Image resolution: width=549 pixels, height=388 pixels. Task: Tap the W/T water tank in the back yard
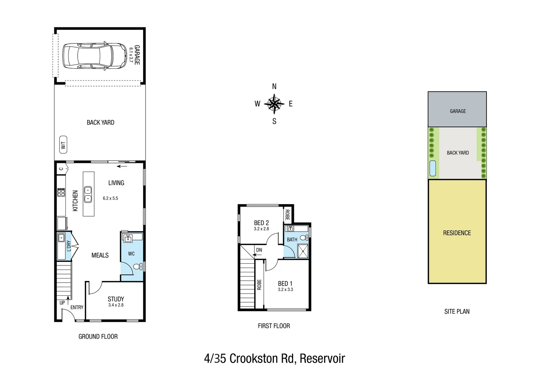[63, 145]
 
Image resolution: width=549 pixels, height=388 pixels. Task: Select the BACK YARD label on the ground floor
[100, 123]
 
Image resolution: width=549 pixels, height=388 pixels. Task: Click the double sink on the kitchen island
[88, 194]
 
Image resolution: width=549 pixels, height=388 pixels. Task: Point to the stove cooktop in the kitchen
[61, 193]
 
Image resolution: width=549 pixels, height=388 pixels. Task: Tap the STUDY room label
[116, 299]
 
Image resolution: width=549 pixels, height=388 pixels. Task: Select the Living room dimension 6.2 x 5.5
[110, 198]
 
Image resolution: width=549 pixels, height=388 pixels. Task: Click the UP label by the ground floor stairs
[62, 303]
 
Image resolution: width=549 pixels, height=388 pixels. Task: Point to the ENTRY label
[77, 308]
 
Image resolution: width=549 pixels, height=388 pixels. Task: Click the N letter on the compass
[274, 87]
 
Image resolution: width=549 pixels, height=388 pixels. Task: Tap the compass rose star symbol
[274, 104]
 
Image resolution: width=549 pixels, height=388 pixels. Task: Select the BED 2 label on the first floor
[261, 223]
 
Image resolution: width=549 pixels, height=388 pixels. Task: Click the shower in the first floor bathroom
[303, 251]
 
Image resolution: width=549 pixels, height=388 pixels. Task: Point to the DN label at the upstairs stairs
[259, 250]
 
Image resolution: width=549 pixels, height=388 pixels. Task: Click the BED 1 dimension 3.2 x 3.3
[285, 290]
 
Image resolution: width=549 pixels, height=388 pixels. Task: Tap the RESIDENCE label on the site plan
[457, 233]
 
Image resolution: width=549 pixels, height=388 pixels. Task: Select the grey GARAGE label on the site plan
[457, 111]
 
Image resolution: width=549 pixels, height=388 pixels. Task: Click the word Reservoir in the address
[322, 359]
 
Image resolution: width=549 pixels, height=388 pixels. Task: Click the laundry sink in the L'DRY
[61, 237]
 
